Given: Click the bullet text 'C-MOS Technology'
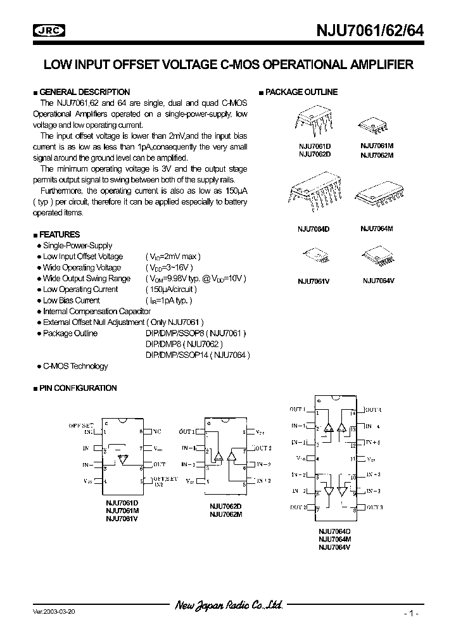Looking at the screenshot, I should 75,366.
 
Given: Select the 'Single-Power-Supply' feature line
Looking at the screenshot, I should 77,246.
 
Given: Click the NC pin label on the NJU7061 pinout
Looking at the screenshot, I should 157,431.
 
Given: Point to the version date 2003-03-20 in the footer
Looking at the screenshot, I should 54,612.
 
